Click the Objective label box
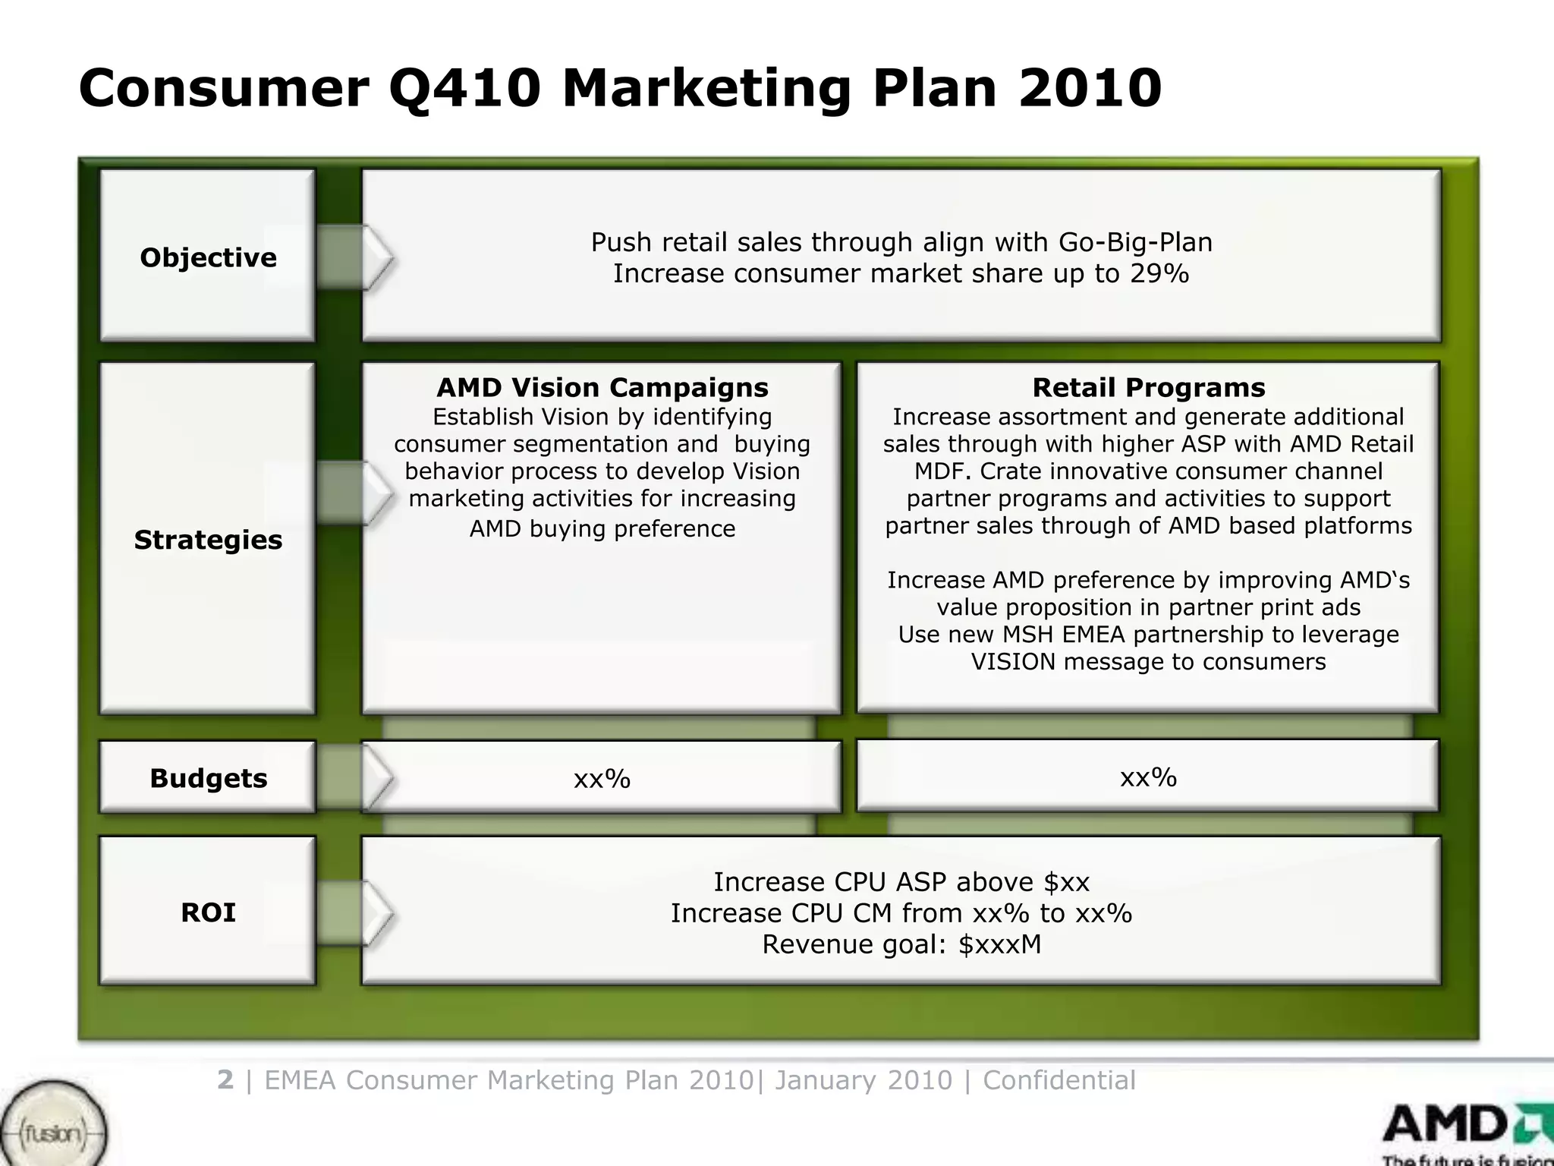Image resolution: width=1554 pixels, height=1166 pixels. point(207,257)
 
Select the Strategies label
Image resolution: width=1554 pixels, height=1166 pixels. point(207,540)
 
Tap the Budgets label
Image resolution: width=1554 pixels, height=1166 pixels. point(207,778)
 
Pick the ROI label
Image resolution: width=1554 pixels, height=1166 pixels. point(207,912)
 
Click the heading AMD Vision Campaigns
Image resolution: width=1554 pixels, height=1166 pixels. point(602,388)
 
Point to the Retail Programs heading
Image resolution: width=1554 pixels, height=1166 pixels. point(1148,388)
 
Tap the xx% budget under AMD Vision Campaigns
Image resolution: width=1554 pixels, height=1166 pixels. point(602,779)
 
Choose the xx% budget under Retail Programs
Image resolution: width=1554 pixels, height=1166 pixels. point(1148,777)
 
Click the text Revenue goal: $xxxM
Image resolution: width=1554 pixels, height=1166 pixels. point(901,944)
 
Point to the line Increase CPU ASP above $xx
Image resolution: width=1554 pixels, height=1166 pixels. point(901,882)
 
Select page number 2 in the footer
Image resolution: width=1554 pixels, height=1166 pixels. point(225,1079)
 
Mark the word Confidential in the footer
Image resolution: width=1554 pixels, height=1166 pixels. point(1059,1079)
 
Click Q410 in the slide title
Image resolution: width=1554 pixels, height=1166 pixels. point(464,88)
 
